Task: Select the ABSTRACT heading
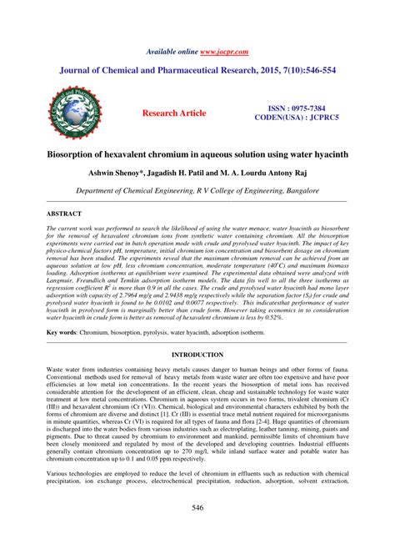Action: point(65,214)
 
